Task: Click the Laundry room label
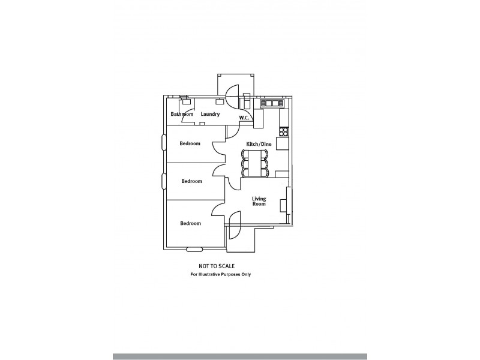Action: [210, 114]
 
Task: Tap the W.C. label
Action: [244, 118]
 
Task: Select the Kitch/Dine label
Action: [259, 145]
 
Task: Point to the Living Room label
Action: [259, 201]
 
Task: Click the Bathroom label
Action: [182, 114]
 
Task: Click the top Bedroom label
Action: [190, 143]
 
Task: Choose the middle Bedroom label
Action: [191, 181]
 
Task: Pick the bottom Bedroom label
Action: [190, 223]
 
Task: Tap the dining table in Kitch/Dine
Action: [259, 163]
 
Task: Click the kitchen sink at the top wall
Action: [271, 103]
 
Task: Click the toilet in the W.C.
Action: [247, 97]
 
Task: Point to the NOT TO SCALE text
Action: [217, 265]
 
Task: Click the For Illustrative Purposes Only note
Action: [221, 274]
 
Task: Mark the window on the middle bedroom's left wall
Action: [164, 181]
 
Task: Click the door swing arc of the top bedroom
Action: [217, 147]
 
